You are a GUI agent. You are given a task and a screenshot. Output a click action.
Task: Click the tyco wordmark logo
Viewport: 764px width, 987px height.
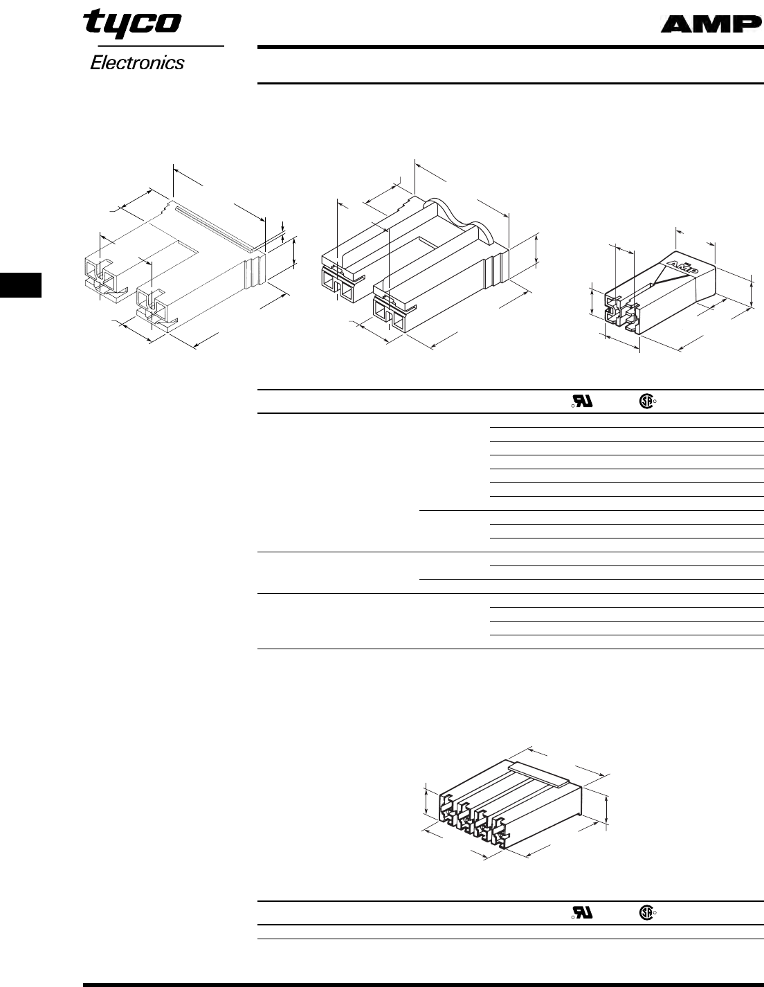[x=133, y=24]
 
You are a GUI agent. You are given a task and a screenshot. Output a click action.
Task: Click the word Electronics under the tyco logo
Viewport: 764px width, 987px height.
[x=137, y=63]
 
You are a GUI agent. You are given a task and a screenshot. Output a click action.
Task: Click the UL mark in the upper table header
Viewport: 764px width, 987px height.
[x=582, y=401]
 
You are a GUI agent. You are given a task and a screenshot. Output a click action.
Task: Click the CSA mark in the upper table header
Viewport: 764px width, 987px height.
[x=646, y=401]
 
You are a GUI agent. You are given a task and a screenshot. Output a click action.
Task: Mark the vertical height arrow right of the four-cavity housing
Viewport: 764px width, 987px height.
[x=607, y=808]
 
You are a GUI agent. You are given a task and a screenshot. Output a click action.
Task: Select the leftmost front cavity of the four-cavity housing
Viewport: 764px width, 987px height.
[x=448, y=806]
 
